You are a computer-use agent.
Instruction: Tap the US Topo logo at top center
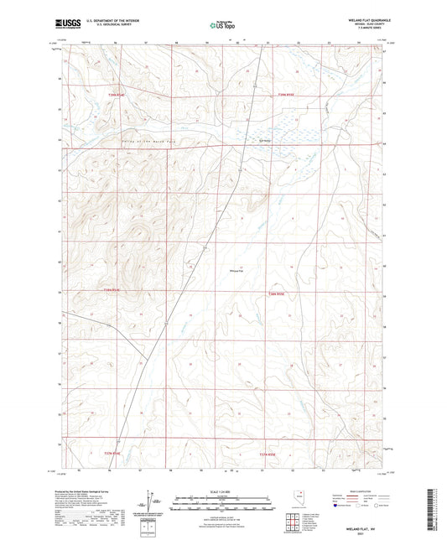(x=222, y=26)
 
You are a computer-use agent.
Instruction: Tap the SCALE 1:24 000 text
(x=222, y=492)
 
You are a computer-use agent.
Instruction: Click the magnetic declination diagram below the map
(x=153, y=506)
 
